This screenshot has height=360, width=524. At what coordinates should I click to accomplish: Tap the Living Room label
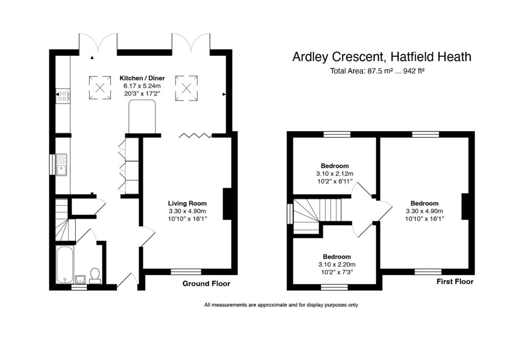[187, 203]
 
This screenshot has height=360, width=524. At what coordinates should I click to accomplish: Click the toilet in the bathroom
[94, 275]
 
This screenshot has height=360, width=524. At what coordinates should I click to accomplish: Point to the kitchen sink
[62, 164]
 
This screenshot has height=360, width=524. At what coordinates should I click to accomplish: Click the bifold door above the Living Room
[195, 135]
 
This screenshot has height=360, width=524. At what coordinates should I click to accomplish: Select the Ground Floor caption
[206, 284]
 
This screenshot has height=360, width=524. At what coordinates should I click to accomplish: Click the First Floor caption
[454, 282]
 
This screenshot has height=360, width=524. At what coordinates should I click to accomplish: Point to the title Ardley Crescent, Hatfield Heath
[382, 57]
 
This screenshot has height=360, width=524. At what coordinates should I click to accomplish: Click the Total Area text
[378, 71]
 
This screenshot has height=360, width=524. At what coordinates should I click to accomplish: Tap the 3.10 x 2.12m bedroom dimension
[335, 174]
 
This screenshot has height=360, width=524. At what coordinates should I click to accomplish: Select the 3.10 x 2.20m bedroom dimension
[336, 265]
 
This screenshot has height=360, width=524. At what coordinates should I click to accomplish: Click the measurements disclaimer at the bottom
[281, 305]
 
